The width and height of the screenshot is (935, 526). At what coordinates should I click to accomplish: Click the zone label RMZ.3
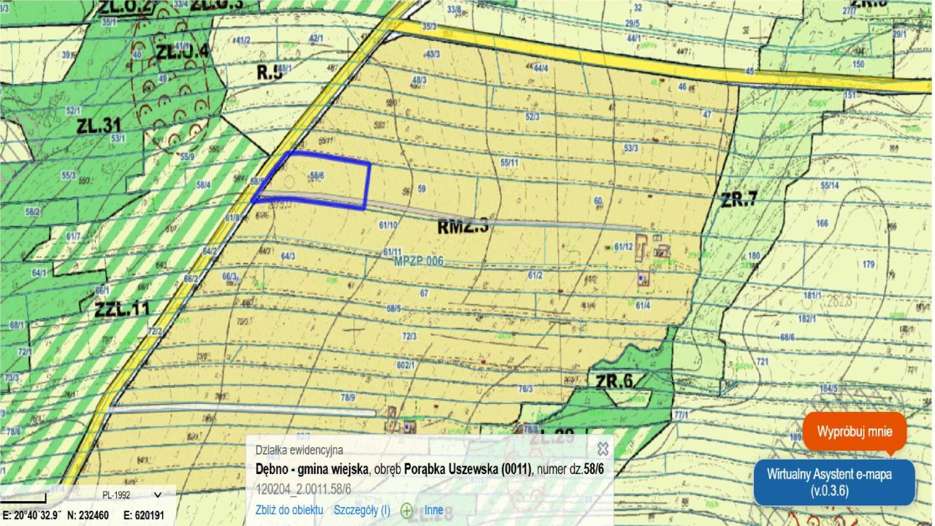tap(462, 227)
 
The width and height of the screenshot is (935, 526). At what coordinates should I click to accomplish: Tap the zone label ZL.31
tap(99, 125)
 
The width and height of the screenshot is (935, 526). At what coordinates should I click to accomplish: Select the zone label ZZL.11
tap(122, 308)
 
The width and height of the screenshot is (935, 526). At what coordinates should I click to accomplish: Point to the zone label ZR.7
tap(739, 199)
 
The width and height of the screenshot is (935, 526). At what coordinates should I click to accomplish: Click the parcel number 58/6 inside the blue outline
tap(316, 175)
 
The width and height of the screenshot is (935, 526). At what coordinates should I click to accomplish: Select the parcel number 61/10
tap(388, 225)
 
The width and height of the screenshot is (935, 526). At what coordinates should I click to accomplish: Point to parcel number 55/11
tap(509, 162)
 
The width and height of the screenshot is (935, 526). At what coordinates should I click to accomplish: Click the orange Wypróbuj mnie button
tap(854, 431)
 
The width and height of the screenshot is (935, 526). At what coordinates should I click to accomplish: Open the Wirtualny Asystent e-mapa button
tap(833, 481)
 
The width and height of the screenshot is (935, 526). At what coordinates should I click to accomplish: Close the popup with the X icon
tap(603, 449)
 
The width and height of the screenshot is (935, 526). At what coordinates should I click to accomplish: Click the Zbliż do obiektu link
tap(289, 510)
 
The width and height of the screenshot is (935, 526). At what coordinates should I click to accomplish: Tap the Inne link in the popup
tap(434, 510)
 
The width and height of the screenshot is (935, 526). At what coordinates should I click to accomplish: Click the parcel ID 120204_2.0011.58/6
tap(303, 488)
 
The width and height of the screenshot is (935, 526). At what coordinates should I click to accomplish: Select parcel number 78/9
tap(348, 397)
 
